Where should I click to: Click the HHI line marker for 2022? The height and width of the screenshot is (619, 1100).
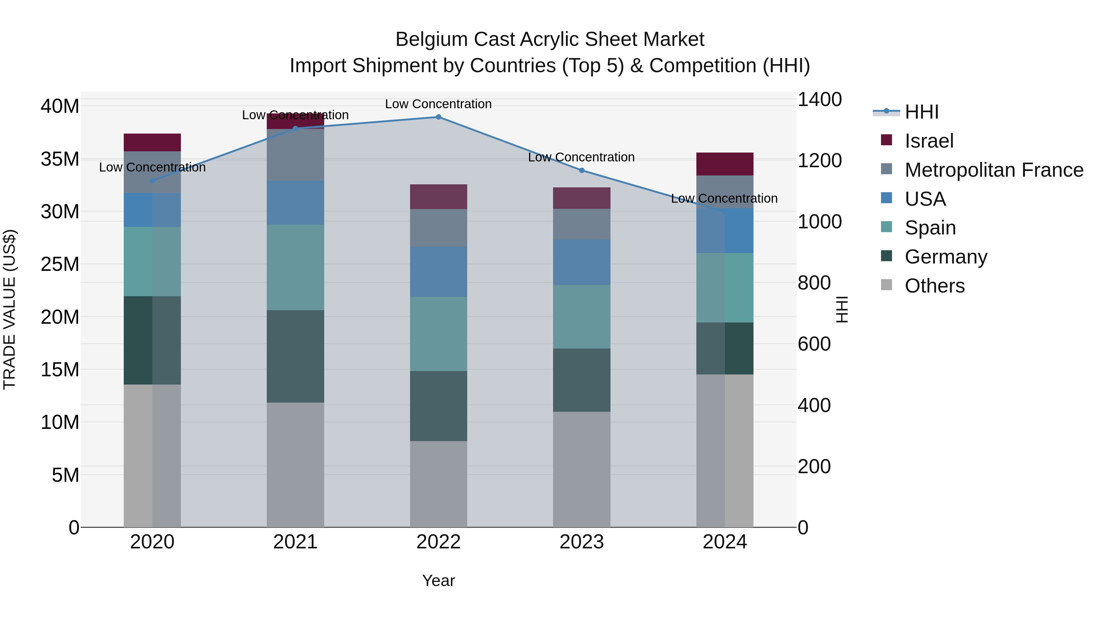pos(438,117)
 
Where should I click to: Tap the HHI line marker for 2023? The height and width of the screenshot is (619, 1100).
pos(581,171)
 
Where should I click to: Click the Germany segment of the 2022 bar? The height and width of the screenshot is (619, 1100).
pos(438,406)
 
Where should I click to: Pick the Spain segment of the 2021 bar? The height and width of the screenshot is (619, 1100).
pos(295,267)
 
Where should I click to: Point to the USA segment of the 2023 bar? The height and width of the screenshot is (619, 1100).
pos(581,262)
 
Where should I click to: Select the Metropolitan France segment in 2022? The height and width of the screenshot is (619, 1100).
pos(438,228)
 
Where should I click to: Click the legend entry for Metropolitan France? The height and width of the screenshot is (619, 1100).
pos(993,170)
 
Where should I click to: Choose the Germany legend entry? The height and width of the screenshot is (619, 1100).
pos(945,257)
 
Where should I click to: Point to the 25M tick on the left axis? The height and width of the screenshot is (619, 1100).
pos(60,264)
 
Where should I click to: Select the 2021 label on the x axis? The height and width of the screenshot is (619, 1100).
pos(295,542)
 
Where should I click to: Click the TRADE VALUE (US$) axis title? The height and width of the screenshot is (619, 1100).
pos(9,309)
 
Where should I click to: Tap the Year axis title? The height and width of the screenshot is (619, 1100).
pos(438,580)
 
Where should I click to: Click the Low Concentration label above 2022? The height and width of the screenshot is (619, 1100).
pos(438,104)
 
